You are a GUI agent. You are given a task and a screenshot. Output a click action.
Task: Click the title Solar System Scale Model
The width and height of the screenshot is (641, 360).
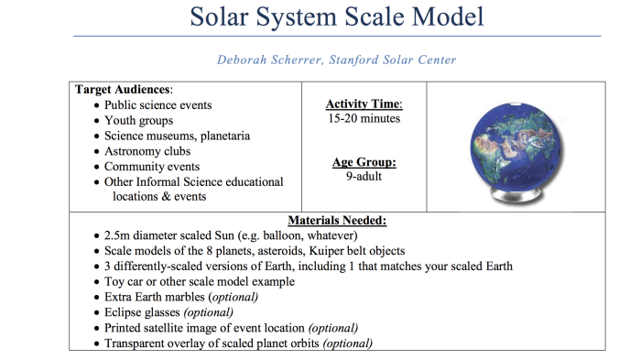point(337,16)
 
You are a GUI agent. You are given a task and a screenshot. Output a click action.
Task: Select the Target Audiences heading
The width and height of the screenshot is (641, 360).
point(123,90)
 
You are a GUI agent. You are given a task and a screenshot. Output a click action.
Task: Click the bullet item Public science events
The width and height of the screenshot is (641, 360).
point(158,105)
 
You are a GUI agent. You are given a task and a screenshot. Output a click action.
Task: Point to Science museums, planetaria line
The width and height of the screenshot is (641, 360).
point(177,136)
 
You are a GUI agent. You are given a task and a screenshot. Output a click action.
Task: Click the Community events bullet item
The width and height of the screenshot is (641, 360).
point(152,167)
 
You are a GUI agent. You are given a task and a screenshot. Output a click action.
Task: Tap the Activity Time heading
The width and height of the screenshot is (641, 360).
point(364,104)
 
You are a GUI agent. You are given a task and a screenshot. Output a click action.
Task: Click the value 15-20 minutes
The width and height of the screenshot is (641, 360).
point(364,118)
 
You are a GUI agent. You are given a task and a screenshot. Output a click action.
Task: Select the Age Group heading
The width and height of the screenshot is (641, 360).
point(364,162)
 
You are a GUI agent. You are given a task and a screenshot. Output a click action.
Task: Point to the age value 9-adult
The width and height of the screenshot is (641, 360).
point(364,177)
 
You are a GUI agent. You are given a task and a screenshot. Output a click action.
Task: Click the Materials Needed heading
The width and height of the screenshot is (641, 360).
point(337,220)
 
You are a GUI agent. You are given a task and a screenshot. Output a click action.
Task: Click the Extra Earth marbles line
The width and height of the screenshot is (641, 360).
point(181,297)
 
